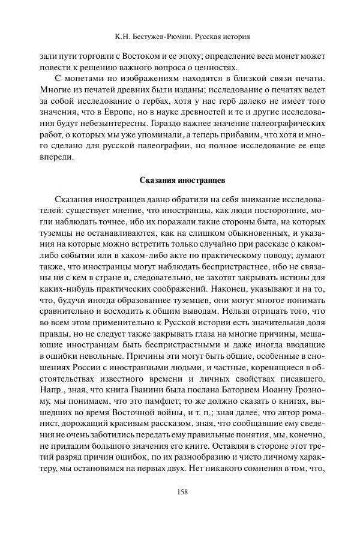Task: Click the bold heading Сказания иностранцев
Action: coord(182,179)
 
